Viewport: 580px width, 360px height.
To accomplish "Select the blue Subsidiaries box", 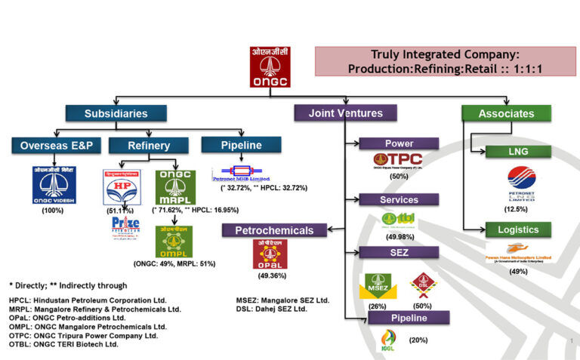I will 116,113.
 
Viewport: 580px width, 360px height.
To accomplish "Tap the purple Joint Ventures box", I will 345,113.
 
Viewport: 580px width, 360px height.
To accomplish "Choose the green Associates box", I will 506,114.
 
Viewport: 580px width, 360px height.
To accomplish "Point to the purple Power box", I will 399,143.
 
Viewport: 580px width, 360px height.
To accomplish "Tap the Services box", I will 399,199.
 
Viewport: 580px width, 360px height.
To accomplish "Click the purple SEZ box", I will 399,252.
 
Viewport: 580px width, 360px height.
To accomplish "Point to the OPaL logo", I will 273,254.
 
